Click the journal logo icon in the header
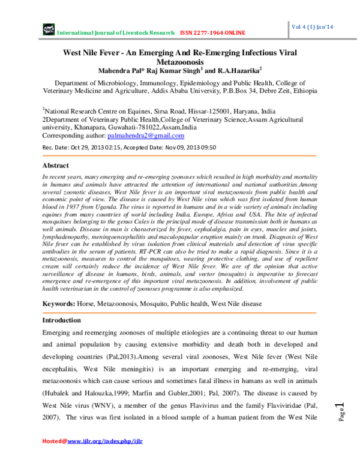click(x=48, y=29)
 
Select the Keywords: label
click(x=61, y=304)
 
